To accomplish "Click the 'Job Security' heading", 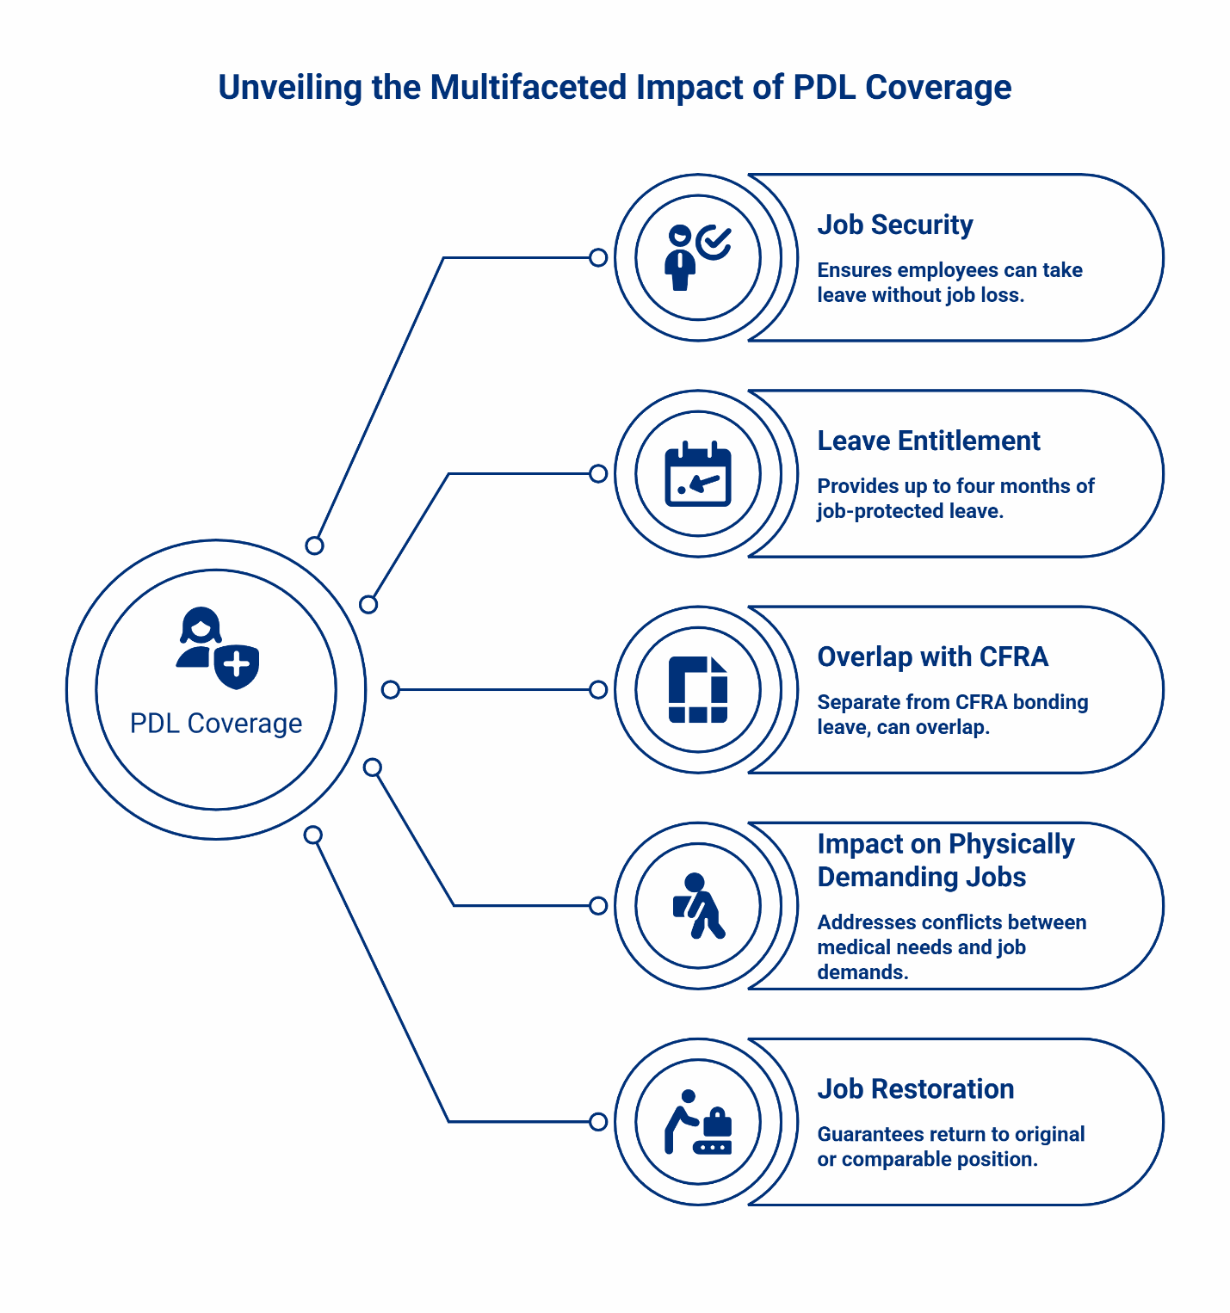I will (894, 225).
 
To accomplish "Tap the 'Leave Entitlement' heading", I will (928, 441).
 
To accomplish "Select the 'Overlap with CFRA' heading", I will (932, 656).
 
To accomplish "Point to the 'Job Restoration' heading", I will (915, 1088).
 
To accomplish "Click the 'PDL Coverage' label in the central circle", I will (216, 724).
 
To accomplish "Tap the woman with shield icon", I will (217, 649).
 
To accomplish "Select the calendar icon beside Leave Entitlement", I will (697, 474).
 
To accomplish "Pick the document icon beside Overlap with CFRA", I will (697, 689).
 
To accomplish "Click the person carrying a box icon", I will (697, 906).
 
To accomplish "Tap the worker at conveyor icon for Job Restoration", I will (697, 1122).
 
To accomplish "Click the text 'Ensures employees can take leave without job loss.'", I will (949, 282).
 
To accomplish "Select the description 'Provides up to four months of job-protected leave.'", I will (955, 498).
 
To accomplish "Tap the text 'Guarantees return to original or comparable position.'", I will (950, 1147).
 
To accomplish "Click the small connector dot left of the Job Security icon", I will (598, 257).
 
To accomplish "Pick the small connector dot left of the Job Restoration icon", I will (598, 1122).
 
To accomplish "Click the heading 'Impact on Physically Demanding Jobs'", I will (945, 860).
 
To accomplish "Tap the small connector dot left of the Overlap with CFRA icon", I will (598, 689).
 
